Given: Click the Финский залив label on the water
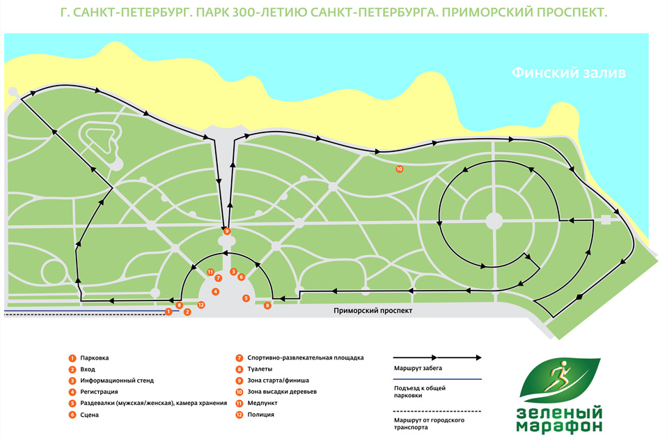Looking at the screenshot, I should (570, 72).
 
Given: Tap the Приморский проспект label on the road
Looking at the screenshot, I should (369, 311).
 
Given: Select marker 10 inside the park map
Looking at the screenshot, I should (400, 169).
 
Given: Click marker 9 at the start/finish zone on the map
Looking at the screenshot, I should (227, 231).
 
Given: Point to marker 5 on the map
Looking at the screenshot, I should (246, 298).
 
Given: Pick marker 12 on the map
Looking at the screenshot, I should (201, 305).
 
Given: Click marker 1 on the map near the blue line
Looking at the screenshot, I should (168, 311).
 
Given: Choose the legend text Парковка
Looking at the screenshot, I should (94, 358).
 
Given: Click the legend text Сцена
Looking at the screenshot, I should (89, 415).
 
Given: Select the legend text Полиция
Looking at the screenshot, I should (260, 415).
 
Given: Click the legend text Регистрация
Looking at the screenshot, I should (99, 392).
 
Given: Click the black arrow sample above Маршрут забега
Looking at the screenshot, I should (432, 357).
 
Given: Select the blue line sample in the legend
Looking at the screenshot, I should (432, 380).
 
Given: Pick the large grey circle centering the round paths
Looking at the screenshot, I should (494, 221).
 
